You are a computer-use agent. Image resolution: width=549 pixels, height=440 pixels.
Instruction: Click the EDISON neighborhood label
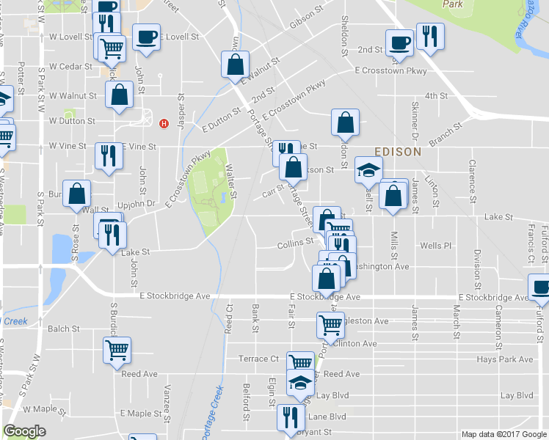398,152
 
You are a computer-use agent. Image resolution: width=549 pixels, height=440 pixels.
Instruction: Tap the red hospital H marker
164,123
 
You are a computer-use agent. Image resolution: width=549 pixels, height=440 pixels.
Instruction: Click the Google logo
25,431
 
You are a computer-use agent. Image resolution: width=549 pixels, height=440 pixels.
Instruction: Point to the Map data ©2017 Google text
503,434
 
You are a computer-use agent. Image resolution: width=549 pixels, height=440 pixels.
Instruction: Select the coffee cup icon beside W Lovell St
146,37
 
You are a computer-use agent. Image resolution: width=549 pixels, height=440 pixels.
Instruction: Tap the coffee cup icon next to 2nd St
400,42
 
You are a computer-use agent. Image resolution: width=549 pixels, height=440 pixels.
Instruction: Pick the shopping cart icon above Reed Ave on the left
117,351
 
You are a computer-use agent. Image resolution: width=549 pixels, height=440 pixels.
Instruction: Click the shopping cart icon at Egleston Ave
330,323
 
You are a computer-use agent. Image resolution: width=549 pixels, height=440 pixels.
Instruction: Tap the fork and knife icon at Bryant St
290,416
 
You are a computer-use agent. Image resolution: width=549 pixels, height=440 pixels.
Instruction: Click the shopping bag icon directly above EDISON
345,122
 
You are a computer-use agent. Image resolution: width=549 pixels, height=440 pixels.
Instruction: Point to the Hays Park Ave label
505,359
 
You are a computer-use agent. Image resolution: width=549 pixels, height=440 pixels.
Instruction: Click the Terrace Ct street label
259,359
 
